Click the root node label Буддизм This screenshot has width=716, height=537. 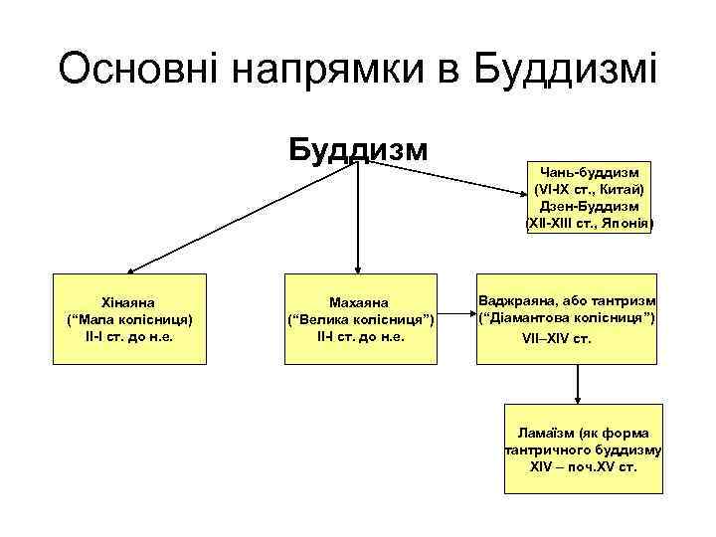coord(358,149)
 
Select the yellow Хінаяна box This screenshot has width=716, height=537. coord(129,317)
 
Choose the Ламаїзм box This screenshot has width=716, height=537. coord(583,448)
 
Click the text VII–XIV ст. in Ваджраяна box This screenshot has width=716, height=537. coord(556,338)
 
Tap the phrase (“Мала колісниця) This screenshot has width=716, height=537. coord(129,319)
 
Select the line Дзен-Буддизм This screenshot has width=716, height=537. coord(591,206)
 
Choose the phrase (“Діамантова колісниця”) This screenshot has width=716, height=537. coord(566,318)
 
